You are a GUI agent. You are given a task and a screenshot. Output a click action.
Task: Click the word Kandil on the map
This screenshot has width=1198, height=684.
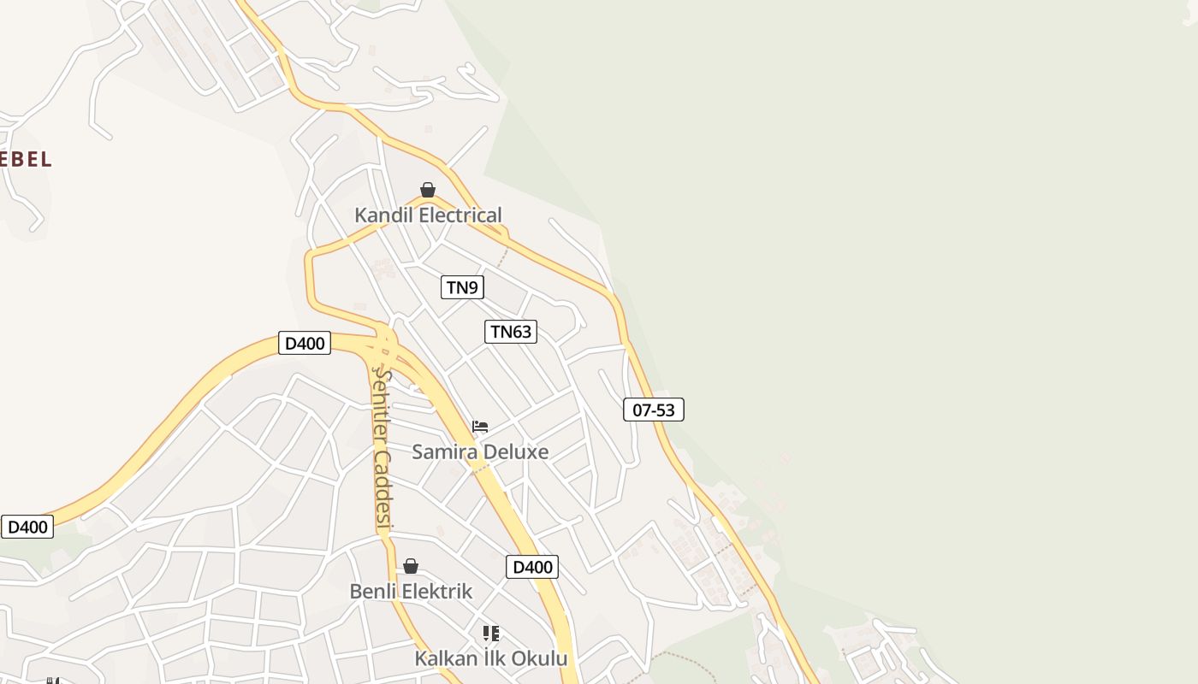(382, 215)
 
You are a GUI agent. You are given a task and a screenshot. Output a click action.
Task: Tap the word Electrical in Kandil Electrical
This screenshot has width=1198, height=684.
(458, 215)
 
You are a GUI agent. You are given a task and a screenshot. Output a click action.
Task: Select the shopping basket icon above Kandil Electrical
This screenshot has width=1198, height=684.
(428, 190)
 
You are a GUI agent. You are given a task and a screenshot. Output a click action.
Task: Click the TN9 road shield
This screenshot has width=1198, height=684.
(462, 287)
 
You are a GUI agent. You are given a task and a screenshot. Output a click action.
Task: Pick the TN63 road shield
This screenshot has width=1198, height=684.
(511, 332)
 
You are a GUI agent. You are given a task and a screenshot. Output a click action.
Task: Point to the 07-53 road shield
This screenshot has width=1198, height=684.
(654, 410)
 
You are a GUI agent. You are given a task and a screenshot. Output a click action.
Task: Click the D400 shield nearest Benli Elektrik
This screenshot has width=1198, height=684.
(532, 567)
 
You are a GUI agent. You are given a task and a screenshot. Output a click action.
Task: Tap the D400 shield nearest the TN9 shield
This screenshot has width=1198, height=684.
(305, 344)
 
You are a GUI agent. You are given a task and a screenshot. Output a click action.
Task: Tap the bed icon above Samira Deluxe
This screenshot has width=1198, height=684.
(480, 427)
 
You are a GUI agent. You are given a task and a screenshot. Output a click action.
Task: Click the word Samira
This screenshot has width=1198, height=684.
(444, 451)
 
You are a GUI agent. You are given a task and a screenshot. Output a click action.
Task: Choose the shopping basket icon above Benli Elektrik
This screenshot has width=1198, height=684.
(411, 566)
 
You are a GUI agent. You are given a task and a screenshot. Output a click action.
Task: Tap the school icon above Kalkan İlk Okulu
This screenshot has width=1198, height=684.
(490, 634)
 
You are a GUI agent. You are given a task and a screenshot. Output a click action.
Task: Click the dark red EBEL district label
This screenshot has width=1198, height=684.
(25, 159)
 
